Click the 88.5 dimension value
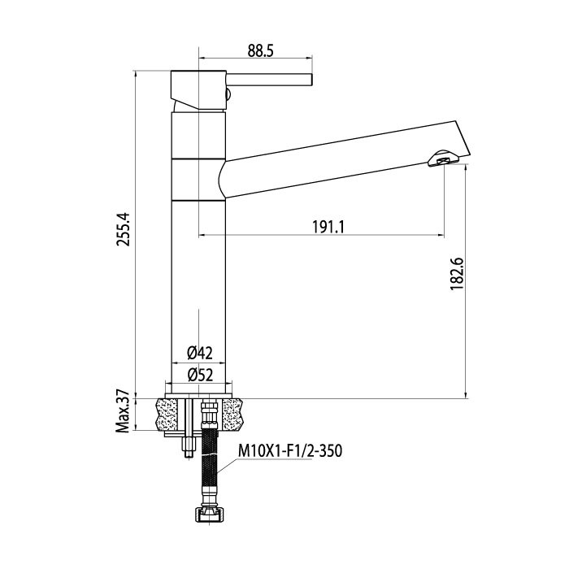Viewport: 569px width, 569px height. coord(260,51)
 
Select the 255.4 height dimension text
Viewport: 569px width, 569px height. coord(123,229)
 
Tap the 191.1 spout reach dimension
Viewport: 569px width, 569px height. coord(328,228)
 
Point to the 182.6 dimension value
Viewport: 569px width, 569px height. coord(457,274)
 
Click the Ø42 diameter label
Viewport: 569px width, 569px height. coord(200,353)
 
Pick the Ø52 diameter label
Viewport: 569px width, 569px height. coord(200,375)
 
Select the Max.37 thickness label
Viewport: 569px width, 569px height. coord(123,411)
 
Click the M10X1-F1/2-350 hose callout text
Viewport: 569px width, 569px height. coord(290,451)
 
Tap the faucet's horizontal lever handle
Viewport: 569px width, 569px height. coord(269,80)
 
